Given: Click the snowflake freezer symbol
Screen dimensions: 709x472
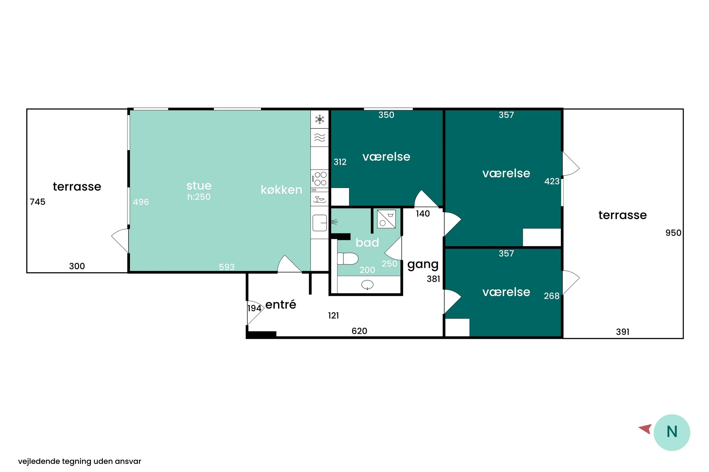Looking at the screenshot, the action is pyautogui.click(x=320, y=119).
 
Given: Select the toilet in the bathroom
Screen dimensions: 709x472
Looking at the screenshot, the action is pyautogui.click(x=348, y=259).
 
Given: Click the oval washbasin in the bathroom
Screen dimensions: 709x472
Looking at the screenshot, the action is pyautogui.click(x=367, y=284).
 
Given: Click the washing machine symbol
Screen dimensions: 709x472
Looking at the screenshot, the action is pyautogui.click(x=386, y=219).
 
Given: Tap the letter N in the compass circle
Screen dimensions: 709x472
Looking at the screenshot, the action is pyautogui.click(x=672, y=432).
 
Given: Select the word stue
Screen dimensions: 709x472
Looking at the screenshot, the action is pyautogui.click(x=199, y=185).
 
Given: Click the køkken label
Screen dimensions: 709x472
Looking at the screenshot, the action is pyautogui.click(x=281, y=190).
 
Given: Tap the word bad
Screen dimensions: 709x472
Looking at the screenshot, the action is pyautogui.click(x=367, y=242).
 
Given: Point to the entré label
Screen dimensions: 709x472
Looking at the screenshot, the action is pyautogui.click(x=281, y=304).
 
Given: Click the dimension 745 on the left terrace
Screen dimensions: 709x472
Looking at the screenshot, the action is pyautogui.click(x=38, y=202).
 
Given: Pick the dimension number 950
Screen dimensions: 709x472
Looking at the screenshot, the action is pyautogui.click(x=673, y=233).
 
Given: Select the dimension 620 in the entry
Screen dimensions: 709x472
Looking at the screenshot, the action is pyautogui.click(x=359, y=331).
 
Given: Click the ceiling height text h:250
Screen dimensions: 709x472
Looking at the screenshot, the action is pyautogui.click(x=199, y=197).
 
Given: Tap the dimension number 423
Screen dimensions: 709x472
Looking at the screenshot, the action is pyautogui.click(x=552, y=181).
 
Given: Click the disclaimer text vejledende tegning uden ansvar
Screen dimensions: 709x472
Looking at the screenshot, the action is pyautogui.click(x=80, y=461).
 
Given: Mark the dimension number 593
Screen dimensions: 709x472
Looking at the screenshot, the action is pyautogui.click(x=227, y=267).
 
